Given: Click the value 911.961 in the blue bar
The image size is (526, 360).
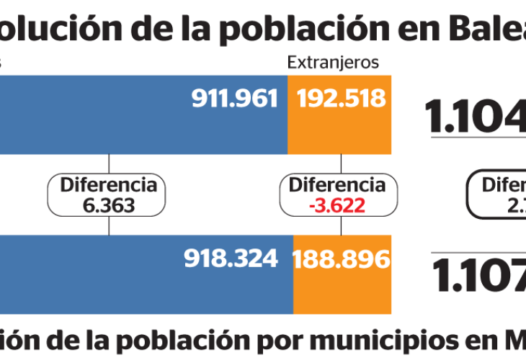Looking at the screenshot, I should [x=234, y=99].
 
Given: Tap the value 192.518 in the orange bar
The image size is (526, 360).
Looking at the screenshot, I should [x=339, y=99].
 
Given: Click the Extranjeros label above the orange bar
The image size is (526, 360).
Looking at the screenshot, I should [x=333, y=63].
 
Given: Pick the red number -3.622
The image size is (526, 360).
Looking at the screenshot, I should [x=336, y=205].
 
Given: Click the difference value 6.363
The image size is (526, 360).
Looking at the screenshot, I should [x=109, y=205].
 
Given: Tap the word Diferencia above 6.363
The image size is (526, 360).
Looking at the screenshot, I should [x=109, y=185].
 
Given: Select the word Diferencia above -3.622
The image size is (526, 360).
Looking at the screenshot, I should [x=336, y=185].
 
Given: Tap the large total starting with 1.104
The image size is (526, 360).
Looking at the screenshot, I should [x=476, y=115].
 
